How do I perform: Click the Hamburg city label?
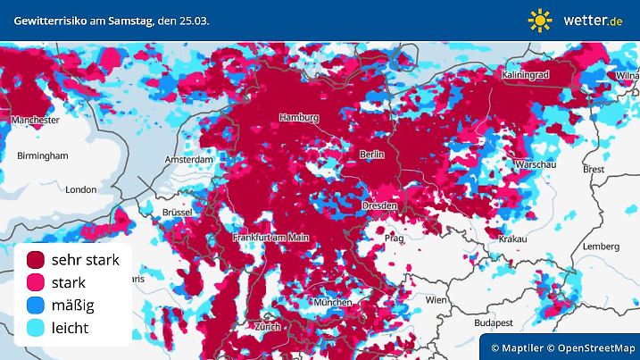point(298,118)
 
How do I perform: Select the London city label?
point(80,189)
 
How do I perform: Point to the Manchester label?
point(35,119)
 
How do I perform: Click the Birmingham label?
point(42,155)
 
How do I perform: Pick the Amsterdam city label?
point(189,160)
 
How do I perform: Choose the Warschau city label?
point(535,164)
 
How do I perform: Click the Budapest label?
point(491,322)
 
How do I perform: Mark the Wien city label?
point(436,300)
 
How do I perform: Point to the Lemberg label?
point(600,247)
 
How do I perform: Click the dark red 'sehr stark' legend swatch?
point(36,260)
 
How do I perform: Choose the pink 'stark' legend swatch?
point(36,283)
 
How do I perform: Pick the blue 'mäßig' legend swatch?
point(36,306)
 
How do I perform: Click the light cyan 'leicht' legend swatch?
point(36,329)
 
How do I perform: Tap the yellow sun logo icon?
point(540,20)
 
